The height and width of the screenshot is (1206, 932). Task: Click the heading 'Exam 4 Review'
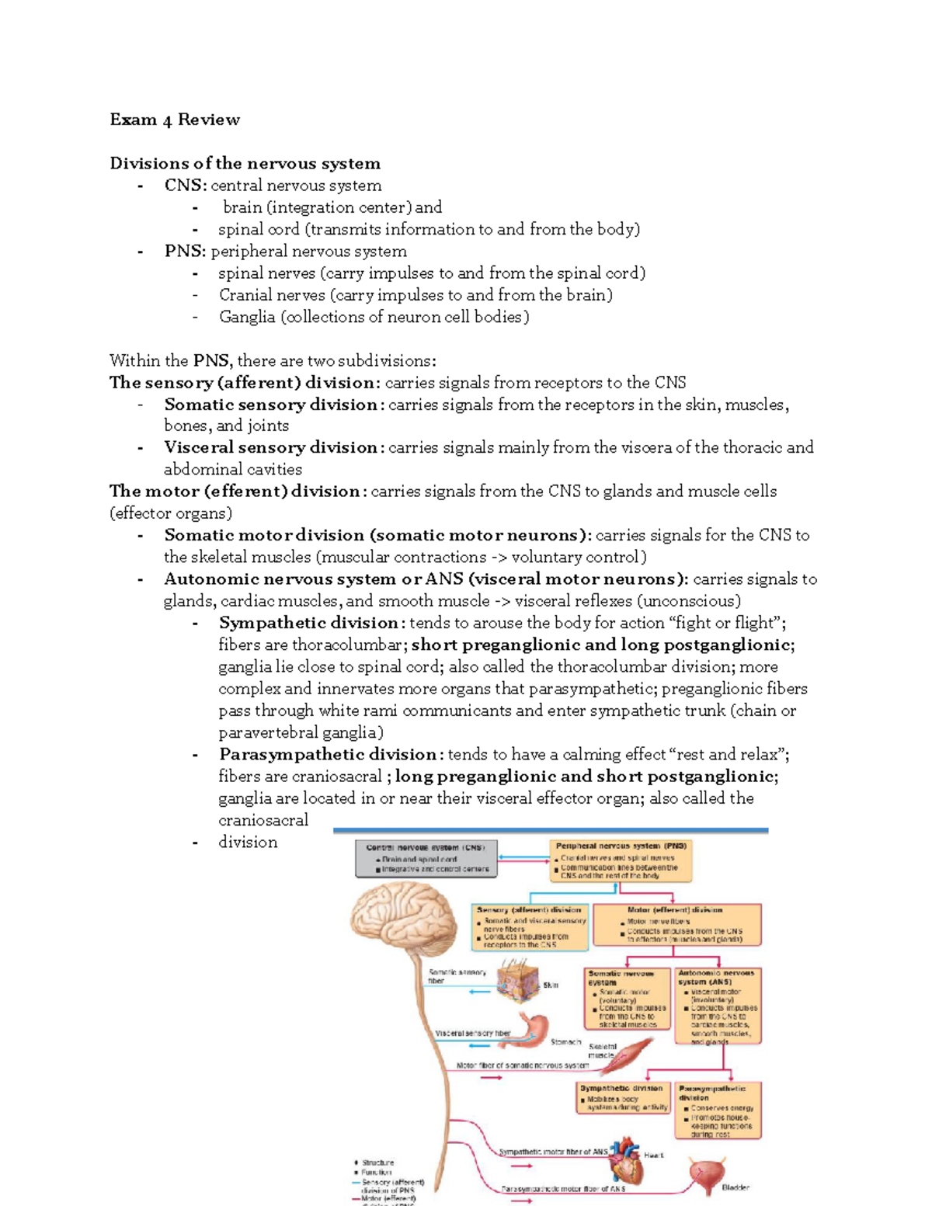[x=175, y=120]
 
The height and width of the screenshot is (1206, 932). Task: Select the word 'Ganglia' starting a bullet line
[x=247, y=317]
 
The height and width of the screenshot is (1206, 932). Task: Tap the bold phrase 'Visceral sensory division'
[x=270, y=447]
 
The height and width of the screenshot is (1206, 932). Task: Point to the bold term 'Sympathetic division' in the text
[x=308, y=623]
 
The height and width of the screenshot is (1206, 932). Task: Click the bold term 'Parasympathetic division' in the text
[x=328, y=755]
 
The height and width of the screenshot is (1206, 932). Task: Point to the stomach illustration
[x=531, y=1028]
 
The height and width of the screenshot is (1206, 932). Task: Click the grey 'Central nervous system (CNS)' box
[x=426, y=859]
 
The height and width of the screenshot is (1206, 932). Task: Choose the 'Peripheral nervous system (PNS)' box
[x=621, y=860]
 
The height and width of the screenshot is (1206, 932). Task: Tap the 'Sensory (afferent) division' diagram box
[x=530, y=926]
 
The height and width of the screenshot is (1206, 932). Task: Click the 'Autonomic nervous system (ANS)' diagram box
[x=717, y=1005]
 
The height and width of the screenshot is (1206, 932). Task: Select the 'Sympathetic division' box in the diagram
[x=624, y=1098]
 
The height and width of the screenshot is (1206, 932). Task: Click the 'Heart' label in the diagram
[x=654, y=1156]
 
